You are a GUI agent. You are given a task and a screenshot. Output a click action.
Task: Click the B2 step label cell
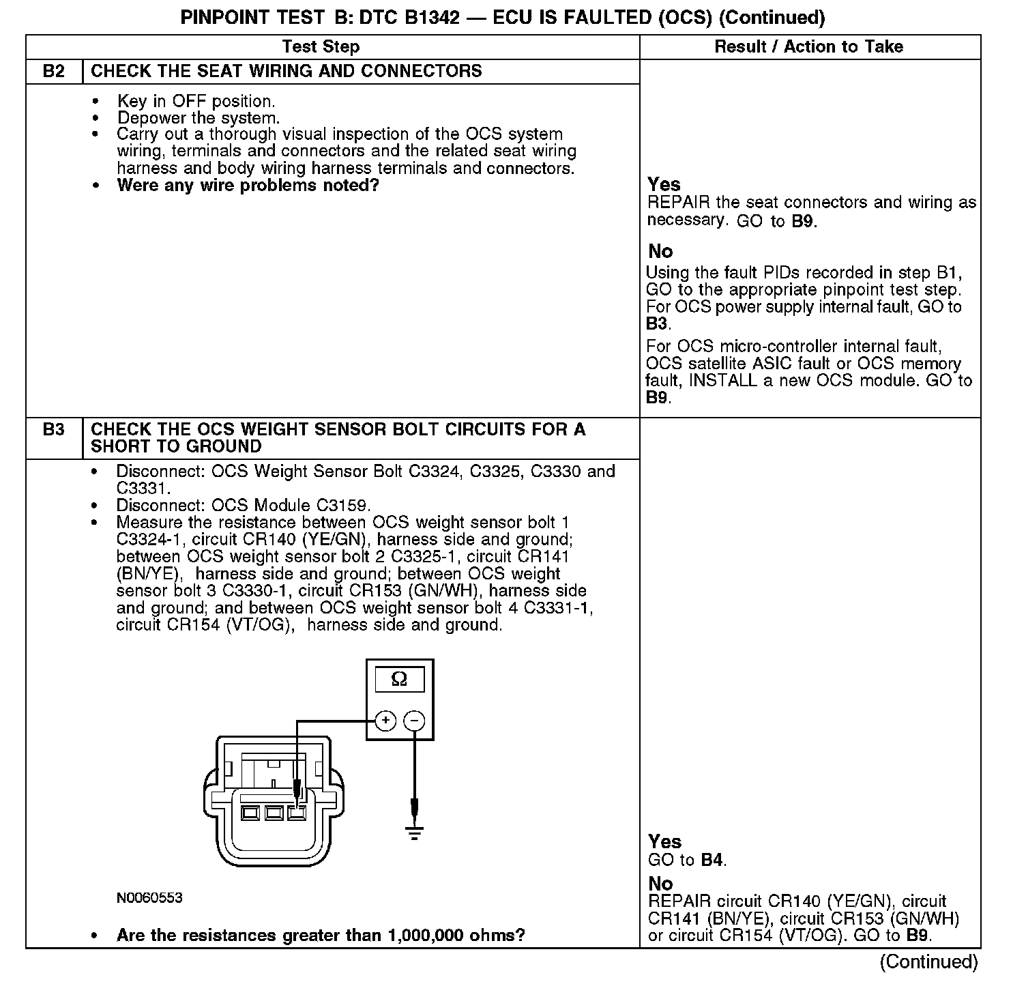53,72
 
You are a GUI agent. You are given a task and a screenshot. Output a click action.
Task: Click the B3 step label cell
53,430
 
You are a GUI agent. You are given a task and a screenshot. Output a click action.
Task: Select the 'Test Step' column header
321,46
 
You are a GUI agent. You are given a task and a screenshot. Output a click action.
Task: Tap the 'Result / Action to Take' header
808,46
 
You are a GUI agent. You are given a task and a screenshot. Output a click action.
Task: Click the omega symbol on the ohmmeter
400,679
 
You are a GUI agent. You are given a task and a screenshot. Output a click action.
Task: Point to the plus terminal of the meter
385,721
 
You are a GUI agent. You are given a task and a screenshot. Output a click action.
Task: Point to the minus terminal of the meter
414,721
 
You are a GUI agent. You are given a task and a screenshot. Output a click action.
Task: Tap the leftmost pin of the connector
250,813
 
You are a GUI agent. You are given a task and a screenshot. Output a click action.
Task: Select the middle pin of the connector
274,813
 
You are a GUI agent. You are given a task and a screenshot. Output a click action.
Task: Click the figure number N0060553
149,898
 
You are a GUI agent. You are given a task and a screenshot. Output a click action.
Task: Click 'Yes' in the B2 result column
664,184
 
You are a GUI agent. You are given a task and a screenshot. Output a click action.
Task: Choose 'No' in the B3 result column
660,884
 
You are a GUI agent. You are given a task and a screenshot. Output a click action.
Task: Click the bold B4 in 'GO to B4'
712,860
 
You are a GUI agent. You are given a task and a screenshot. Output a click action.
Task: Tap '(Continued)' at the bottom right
928,961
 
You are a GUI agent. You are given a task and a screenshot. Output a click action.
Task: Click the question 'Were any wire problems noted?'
248,186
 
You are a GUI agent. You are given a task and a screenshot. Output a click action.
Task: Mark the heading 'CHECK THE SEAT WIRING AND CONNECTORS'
287,72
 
